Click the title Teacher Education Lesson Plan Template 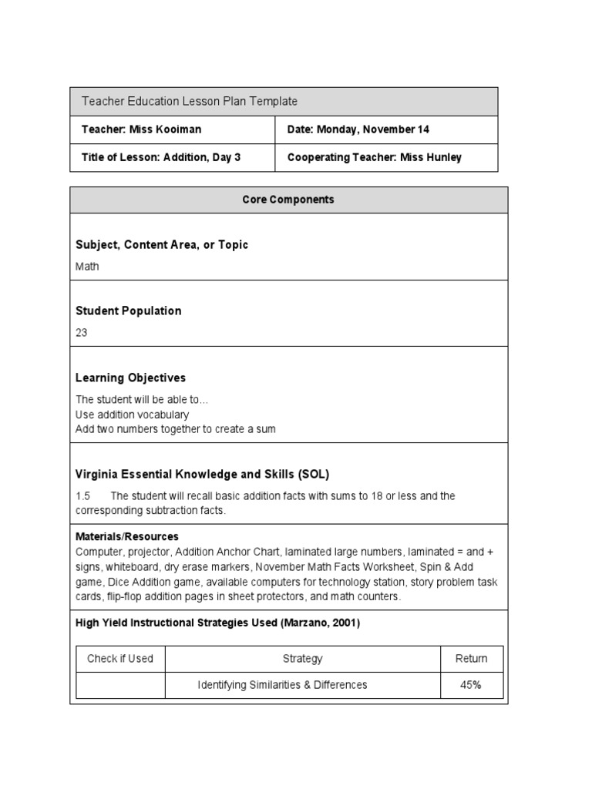tap(189, 102)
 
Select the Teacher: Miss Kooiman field tap(141, 129)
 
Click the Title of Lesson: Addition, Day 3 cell tap(161, 157)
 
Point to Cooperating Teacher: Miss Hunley tap(374, 157)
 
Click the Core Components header tap(288, 200)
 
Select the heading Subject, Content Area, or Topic tap(162, 245)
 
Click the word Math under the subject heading tap(87, 267)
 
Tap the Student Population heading tap(129, 311)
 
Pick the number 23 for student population tap(82, 333)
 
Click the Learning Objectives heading tap(130, 378)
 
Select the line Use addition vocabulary tap(132, 415)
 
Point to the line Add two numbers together tap(175, 429)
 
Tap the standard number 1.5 tap(83, 496)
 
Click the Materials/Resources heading tap(127, 536)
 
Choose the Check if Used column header tap(120, 659)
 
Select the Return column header tap(471, 659)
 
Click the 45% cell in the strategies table tap(471, 685)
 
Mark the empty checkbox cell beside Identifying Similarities tap(120, 685)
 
